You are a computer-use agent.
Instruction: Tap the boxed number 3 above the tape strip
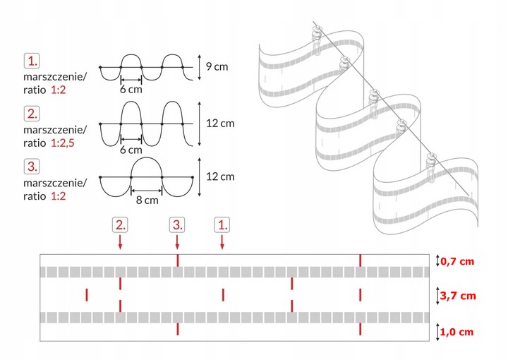(179, 225)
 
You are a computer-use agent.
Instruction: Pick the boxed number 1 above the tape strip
(222, 225)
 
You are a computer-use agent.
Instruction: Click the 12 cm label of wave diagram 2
(219, 124)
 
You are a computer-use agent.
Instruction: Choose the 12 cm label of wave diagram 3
(219, 176)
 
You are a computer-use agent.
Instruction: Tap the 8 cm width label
(147, 200)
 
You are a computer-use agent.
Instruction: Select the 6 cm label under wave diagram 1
(131, 90)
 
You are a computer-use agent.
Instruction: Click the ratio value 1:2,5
(65, 143)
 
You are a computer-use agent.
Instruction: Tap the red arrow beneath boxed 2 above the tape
(121, 241)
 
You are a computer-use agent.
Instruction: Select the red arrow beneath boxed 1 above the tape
(222, 241)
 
